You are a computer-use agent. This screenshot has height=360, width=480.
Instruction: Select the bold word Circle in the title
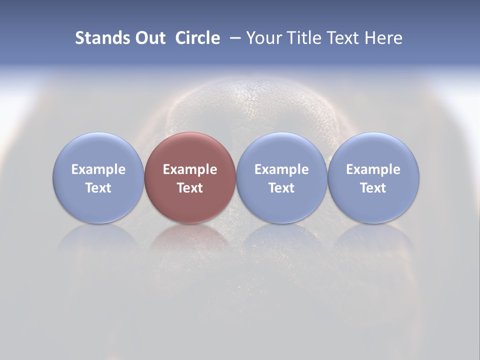click(x=197, y=38)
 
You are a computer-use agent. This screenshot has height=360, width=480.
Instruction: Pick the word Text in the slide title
click(x=341, y=38)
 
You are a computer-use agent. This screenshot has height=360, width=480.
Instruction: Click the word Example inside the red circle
click(x=190, y=169)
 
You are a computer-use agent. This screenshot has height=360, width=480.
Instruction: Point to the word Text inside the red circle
click(x=190, y=188)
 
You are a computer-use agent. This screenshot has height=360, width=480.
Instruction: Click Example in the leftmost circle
click(x=98, y=169)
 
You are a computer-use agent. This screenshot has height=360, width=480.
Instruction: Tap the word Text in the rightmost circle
click(x=373, y=188)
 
